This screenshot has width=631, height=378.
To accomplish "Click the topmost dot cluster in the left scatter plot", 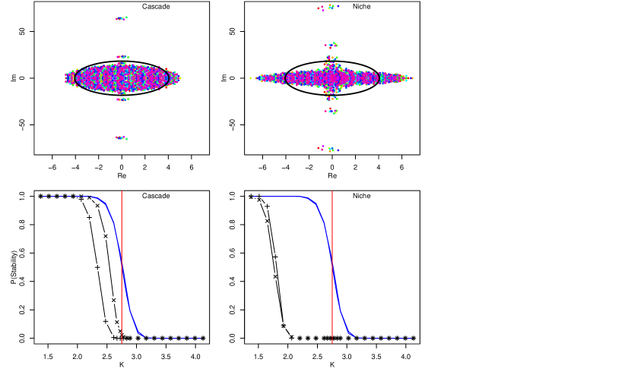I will (x=122, y=18).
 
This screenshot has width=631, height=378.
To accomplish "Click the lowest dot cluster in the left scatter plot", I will (x=122, y=138).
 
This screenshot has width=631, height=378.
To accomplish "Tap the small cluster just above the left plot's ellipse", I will (x=122, y=57).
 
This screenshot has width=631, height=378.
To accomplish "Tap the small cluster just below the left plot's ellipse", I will (x=122, y=99).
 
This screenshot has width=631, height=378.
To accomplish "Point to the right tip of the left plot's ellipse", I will (x=179, y=77).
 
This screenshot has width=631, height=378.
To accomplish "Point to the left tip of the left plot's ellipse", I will (x=66, y=77).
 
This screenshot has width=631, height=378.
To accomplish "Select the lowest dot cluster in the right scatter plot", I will (x=328, y=149).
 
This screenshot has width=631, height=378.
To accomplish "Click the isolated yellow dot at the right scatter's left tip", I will (x=250, y=77).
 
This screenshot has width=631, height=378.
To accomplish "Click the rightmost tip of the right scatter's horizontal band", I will (x=412, y=78).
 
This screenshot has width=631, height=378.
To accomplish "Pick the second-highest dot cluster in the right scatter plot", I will (x=331, y=45).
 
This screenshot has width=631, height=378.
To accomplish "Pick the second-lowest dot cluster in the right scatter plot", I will (x=331, y=112).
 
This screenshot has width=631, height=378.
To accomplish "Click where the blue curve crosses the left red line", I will (x=122, y=265).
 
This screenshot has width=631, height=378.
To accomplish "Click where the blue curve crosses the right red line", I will (x=332, y=265).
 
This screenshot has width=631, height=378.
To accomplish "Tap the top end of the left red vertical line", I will (x=122, y=191).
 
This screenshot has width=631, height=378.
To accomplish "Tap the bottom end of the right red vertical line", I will (x=332, y=343).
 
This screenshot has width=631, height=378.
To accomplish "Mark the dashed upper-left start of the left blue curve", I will (x=44, y=197).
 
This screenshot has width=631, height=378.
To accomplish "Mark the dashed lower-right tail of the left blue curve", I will (x=200, y=339).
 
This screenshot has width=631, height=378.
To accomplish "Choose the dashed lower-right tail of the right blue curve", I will (x=411, y=339).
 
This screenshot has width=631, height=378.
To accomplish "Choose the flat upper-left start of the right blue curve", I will (x=255, y=197).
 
